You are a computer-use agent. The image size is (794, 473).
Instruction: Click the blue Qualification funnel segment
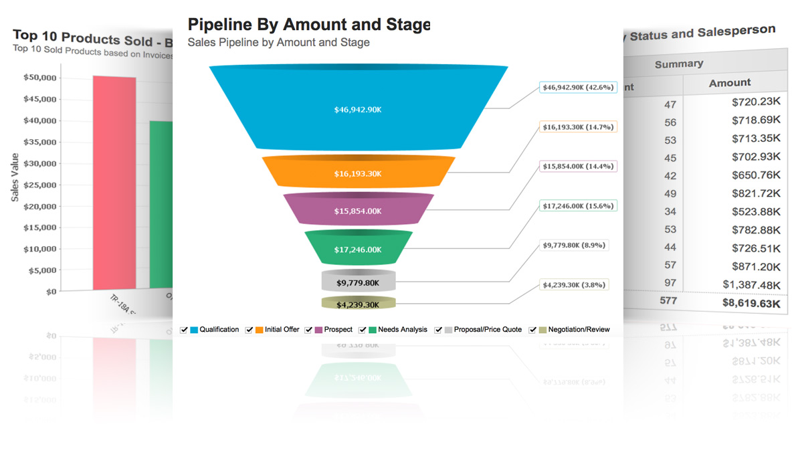point(358,108)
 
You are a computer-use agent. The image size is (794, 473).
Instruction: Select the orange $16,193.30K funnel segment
point(358,173)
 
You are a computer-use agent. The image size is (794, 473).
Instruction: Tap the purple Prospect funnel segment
point(358,210)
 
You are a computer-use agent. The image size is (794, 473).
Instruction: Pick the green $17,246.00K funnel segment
point(358,248)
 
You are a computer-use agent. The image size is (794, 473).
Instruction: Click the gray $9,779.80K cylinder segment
point(358,282)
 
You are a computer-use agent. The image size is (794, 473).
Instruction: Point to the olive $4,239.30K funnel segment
point(358,304)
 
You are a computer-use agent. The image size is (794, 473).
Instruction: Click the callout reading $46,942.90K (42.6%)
point(578,88)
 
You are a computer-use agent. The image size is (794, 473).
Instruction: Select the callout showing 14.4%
point(578,166)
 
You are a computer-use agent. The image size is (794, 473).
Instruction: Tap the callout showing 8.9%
point(574,246)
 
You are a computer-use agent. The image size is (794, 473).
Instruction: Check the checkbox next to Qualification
point(184,330)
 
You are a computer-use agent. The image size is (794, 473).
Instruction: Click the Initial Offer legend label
point(282,330)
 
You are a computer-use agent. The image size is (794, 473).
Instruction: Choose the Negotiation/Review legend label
point(579,330)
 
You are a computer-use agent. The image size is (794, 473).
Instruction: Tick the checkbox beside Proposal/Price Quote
point(439,330)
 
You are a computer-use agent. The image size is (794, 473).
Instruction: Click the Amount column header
point(730,83)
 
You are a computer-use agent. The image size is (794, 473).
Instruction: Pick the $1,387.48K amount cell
point(752,284)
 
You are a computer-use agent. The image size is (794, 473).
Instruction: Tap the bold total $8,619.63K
point(751,303)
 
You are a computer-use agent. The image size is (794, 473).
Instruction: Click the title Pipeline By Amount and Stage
point(308,25)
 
